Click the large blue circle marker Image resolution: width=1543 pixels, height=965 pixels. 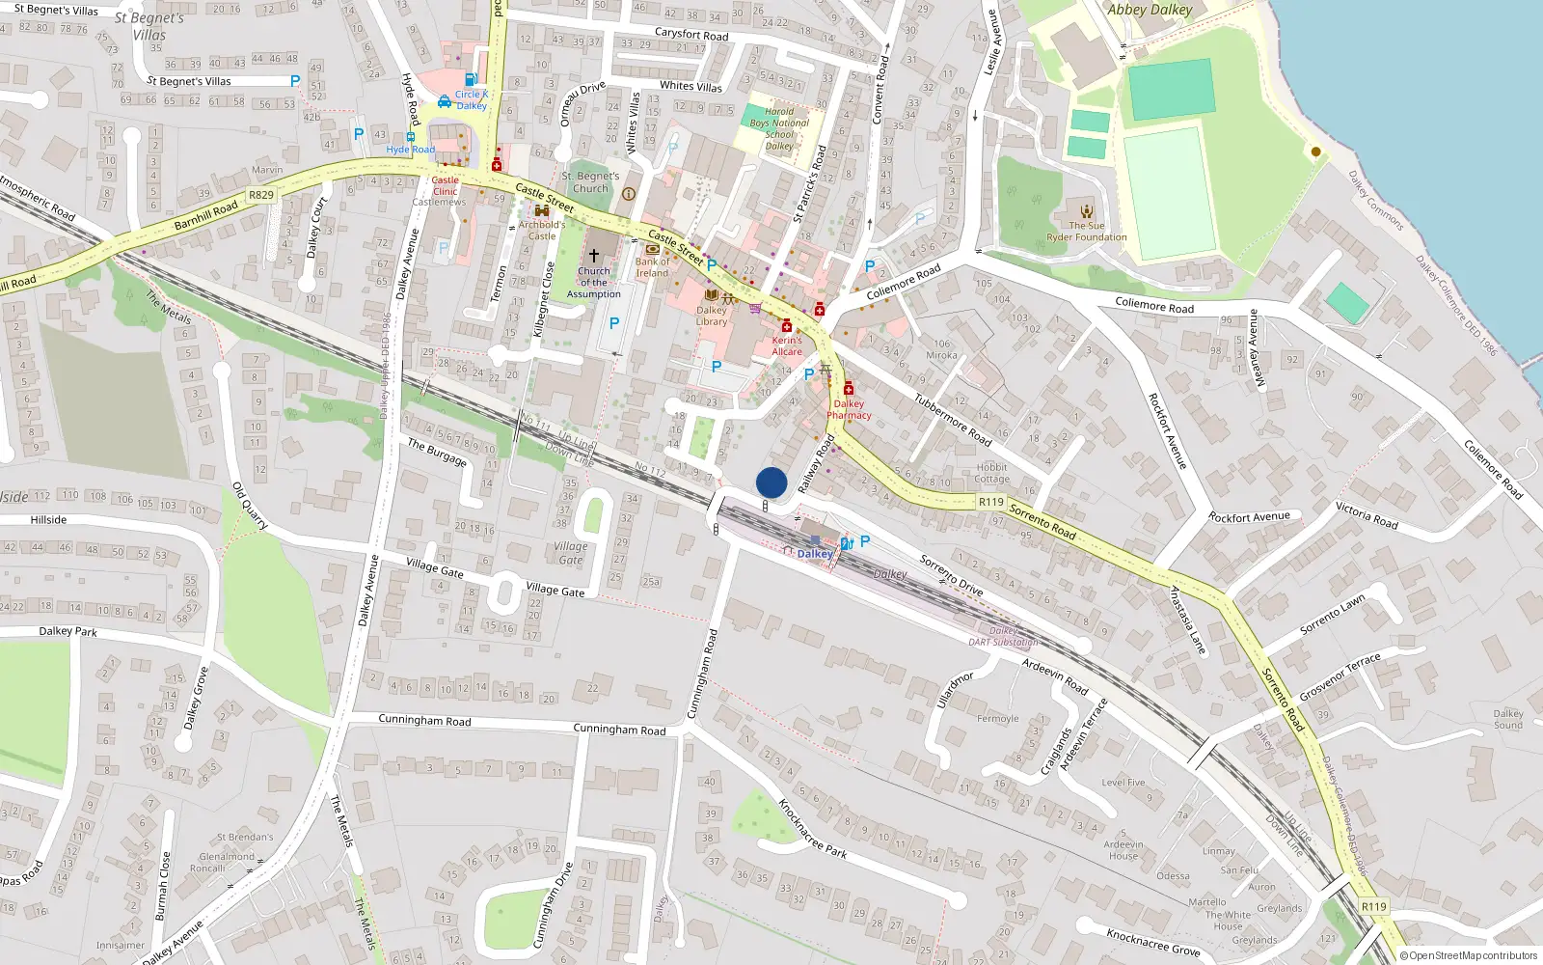[x=771, y=482]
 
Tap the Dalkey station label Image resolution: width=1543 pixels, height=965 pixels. [x=815, y=554]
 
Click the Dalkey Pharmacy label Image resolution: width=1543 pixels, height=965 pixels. [x=849, y=410]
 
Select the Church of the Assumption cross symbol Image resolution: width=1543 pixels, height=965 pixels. [x=594, y=256]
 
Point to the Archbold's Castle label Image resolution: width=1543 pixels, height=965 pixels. [x=542, y=230]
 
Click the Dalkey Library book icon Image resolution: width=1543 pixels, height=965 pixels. [x=712, y=295]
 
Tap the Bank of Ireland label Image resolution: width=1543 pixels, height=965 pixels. [x=653, y=267]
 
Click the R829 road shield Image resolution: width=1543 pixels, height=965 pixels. [x=261, y=195]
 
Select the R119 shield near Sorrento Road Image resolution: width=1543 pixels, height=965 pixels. [x=990, y=502]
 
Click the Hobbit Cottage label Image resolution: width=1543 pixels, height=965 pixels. [x=991, y=473]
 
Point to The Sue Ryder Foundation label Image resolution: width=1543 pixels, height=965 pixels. [x=1087, y=232]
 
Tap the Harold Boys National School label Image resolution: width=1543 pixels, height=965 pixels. [x=779, y=128]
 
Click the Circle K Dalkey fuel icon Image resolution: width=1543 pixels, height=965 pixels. [x=471, y=80]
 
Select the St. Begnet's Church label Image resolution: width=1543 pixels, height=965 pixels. [x=590, y=182]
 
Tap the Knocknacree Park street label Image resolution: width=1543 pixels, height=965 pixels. [x=813, y=829]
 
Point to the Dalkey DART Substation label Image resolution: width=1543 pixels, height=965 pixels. [x=1004, y=636]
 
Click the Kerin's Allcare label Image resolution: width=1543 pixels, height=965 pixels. [x=787, y=345]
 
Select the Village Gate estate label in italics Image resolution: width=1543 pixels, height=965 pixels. [x=570, y=553]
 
